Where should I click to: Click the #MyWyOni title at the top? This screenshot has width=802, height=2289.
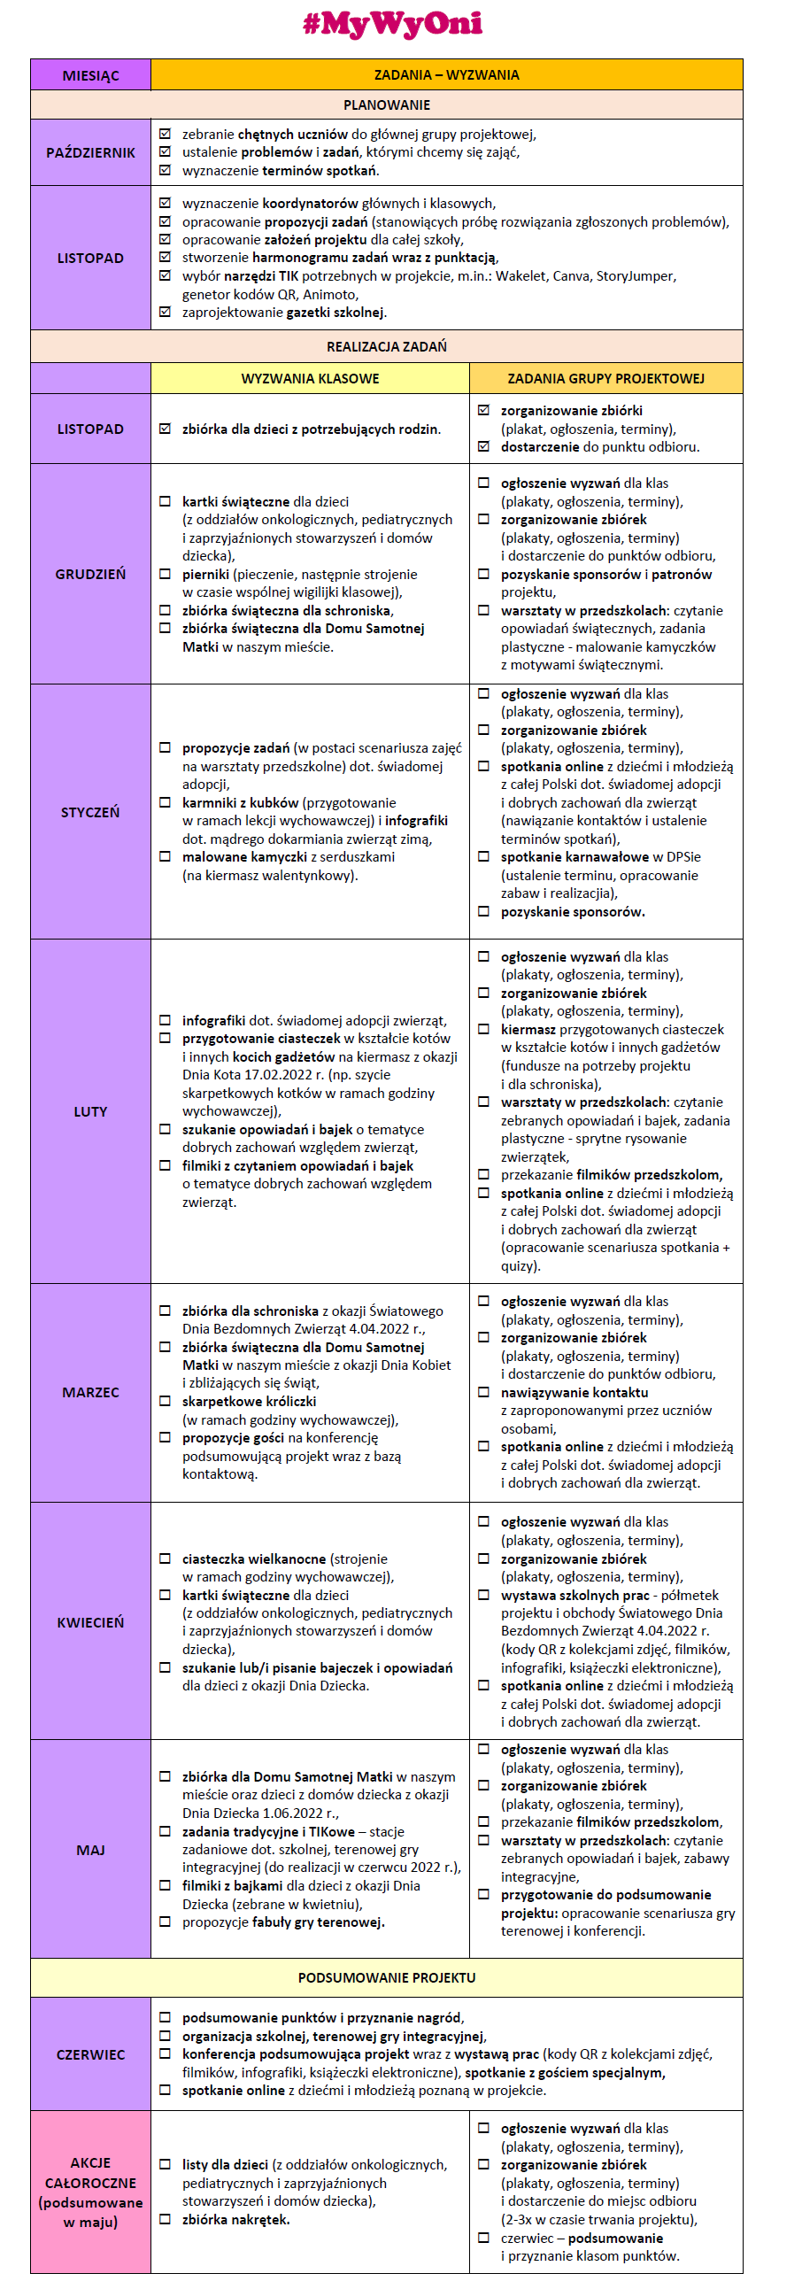(392, 24)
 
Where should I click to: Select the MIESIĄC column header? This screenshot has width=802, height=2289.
(90, 75)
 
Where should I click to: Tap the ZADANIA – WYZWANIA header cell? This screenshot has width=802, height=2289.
(446, 75)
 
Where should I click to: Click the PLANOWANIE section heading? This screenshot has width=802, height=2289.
(386, 104)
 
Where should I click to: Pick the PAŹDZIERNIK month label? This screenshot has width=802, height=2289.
(90, 153)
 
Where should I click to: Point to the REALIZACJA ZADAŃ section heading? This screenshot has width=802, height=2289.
(386, 346)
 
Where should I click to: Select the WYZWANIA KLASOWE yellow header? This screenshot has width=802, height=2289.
(310, 378)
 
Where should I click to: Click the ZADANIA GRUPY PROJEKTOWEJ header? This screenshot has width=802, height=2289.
(605, 378)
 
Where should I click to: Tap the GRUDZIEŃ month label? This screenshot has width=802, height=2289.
(90, 574)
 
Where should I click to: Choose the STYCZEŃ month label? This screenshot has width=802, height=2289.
(90, 812)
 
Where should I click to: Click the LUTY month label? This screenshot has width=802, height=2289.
(90, 1111)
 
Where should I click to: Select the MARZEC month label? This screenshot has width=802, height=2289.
(90, 1392)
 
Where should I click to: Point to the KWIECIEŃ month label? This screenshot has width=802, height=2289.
(90, 1622)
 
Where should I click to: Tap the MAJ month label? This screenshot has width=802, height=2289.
(90, 1850)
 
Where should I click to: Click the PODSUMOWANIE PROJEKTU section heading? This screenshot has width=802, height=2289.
(386, 1978)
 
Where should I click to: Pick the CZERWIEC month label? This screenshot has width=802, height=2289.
(90, 2055)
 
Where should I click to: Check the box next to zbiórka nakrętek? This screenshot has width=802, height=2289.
(165, 2219)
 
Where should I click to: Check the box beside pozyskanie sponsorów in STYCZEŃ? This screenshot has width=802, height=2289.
(483, 911)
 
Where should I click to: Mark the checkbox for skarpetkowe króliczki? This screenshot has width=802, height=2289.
(165, 1402)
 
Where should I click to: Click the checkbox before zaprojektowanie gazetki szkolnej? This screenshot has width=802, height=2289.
(165, 312)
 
